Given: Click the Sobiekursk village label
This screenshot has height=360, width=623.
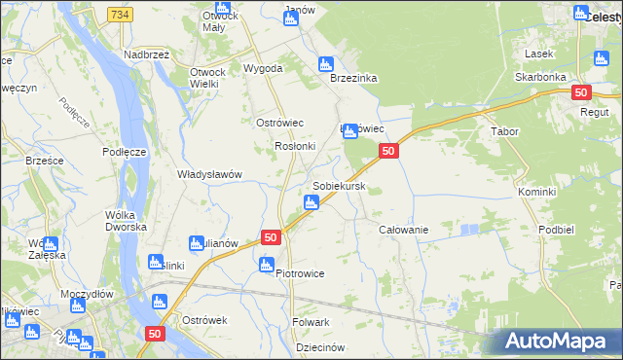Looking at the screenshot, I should tap(339, 185).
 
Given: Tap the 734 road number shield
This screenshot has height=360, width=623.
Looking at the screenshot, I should tap(120, 15).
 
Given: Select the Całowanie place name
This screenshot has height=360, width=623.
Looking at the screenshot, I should tap(404, 229).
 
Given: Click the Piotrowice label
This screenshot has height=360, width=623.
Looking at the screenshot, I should tap(300, 273).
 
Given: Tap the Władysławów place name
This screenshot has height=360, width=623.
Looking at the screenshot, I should tap(208, 174).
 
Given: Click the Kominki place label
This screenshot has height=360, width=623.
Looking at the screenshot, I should tap(536, 192).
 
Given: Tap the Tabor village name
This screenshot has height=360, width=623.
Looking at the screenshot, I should tap(504, 130).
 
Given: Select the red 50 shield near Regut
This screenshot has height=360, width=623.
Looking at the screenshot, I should tap(580, 92).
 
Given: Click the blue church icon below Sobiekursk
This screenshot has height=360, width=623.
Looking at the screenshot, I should tap(311, 202).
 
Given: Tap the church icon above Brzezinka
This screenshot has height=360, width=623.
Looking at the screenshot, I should tap(325, 64).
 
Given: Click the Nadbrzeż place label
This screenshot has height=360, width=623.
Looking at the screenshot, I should tap(147, 54).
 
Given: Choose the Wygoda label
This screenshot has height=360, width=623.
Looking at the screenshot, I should tap(263, 69).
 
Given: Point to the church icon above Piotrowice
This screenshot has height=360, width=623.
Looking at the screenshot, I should tap(267, 263).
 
